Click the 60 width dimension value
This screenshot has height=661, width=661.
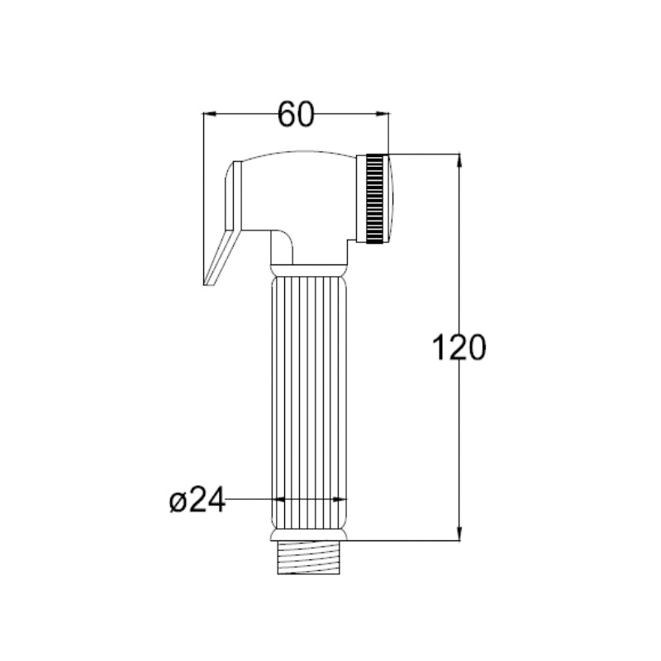(296, 114)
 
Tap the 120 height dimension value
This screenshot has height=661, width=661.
(459, 347)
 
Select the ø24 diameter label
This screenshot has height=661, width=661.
(197, 500)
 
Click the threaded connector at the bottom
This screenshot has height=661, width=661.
(309, 557)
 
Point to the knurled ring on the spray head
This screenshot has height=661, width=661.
(374, 199)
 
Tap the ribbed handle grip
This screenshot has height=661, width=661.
(309, 402)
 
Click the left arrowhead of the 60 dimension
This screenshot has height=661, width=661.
(210, 113)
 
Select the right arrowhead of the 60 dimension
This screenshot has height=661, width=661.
(383, 113)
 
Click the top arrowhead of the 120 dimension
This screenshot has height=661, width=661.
(459, 161)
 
